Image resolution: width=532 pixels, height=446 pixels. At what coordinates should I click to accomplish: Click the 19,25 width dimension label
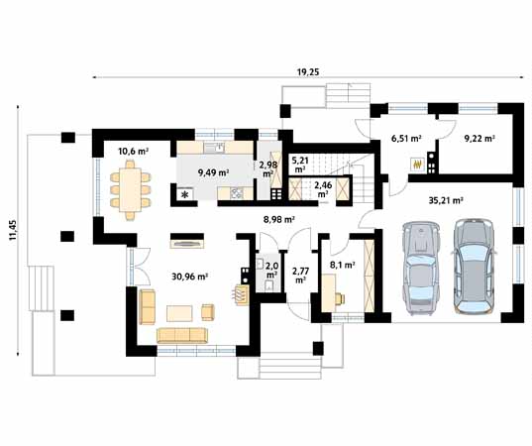click(308, 72)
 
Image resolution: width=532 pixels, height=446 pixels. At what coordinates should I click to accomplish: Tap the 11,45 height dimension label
click(13, 230)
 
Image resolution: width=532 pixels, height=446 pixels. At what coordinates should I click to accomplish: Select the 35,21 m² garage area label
click(446, 200)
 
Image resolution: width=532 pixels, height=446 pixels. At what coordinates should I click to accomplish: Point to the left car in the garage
click(420, 269)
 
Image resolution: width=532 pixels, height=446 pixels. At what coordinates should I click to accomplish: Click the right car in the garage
click(474, 266)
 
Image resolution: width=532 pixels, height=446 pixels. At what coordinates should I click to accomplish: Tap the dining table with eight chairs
click(131, 190)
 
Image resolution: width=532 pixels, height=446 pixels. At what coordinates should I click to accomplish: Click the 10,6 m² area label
click(134, 151)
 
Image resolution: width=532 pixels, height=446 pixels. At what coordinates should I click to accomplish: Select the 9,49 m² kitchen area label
click(213, 172)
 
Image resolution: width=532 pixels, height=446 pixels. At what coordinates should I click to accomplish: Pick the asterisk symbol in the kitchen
click(185, 194)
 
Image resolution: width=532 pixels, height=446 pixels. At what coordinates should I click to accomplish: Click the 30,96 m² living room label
click(189, 277)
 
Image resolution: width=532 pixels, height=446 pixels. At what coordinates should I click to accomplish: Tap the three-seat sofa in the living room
click(182, 335)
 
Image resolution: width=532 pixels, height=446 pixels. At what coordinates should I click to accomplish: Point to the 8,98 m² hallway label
click(279, 219)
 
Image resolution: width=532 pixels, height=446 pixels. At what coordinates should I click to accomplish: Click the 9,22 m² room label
click(479, 138)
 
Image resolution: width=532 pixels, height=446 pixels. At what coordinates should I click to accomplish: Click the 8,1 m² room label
click(343, 265)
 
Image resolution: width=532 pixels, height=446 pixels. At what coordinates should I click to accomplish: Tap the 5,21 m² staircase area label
click(300, 164)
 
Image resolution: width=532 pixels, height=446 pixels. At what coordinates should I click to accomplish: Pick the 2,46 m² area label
click(323, 189)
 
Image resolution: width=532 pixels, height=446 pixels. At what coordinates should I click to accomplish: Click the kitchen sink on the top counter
click(214, 148)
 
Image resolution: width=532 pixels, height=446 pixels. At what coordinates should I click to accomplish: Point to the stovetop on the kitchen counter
click(237, 193)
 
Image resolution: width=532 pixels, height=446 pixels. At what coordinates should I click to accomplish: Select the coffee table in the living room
click(179, 313)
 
